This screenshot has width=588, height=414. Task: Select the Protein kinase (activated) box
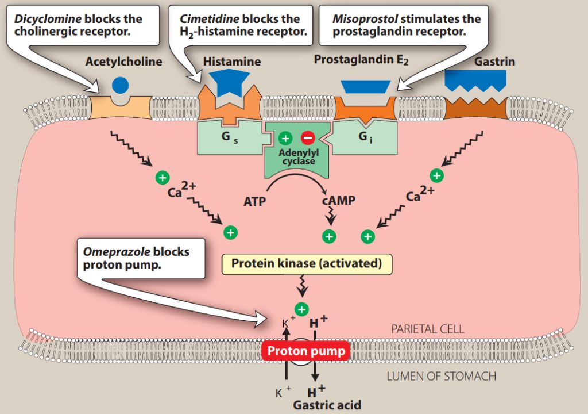[x=307, y=264]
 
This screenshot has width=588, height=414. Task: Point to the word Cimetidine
[x=210, y=18]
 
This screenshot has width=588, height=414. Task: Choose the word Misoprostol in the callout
[x=365, y=18]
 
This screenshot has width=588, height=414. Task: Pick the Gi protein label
[x=364, y=137]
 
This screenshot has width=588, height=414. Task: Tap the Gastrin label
[x=494, y=61]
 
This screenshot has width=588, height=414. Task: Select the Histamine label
[x=231, y=61]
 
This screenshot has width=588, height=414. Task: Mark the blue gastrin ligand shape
[x=475, y=81]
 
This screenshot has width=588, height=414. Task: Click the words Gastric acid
[x=327, y=405]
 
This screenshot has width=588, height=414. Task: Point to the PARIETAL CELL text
[x=427, y=329]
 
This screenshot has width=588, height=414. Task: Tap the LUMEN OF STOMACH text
[x=441, y=377]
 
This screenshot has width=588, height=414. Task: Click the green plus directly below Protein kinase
[x=302, y=309]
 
